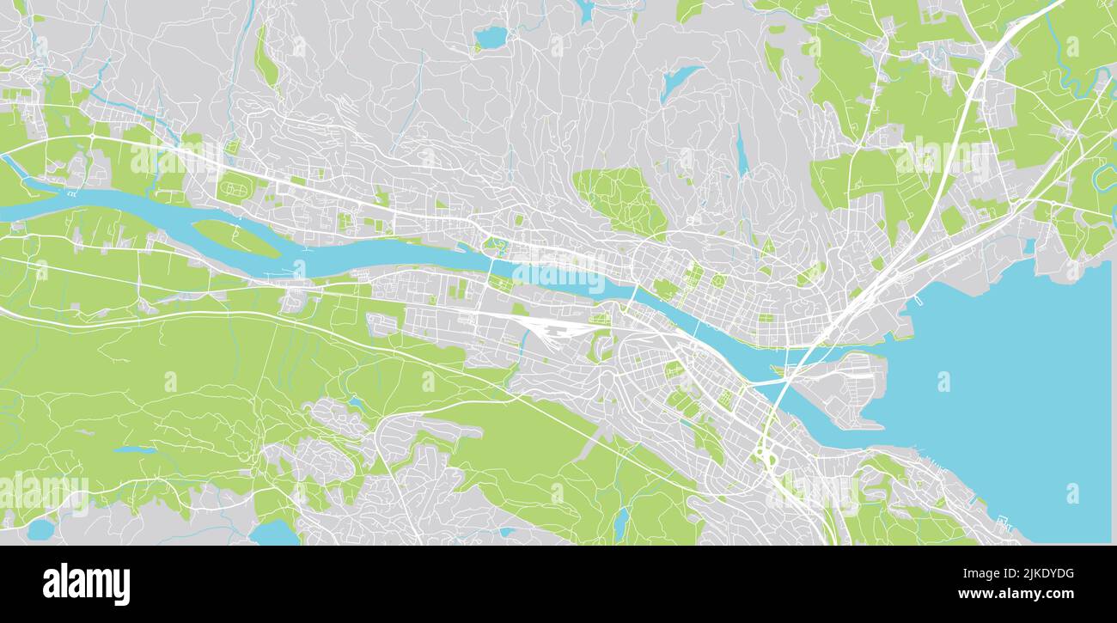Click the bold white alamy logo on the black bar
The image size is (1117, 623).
(x=87, y=584)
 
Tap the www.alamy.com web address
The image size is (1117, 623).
(x=1015, y=594)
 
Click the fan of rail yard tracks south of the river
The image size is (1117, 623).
(x=550, y=327)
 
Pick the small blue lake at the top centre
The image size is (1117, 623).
(x=491, y=37)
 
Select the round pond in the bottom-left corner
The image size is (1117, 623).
(x=40, y=529)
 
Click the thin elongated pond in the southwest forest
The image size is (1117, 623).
(x=135, y=449)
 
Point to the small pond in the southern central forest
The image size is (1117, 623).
(x=620, y=521)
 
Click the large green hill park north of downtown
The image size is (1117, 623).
(x=620, y=199)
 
